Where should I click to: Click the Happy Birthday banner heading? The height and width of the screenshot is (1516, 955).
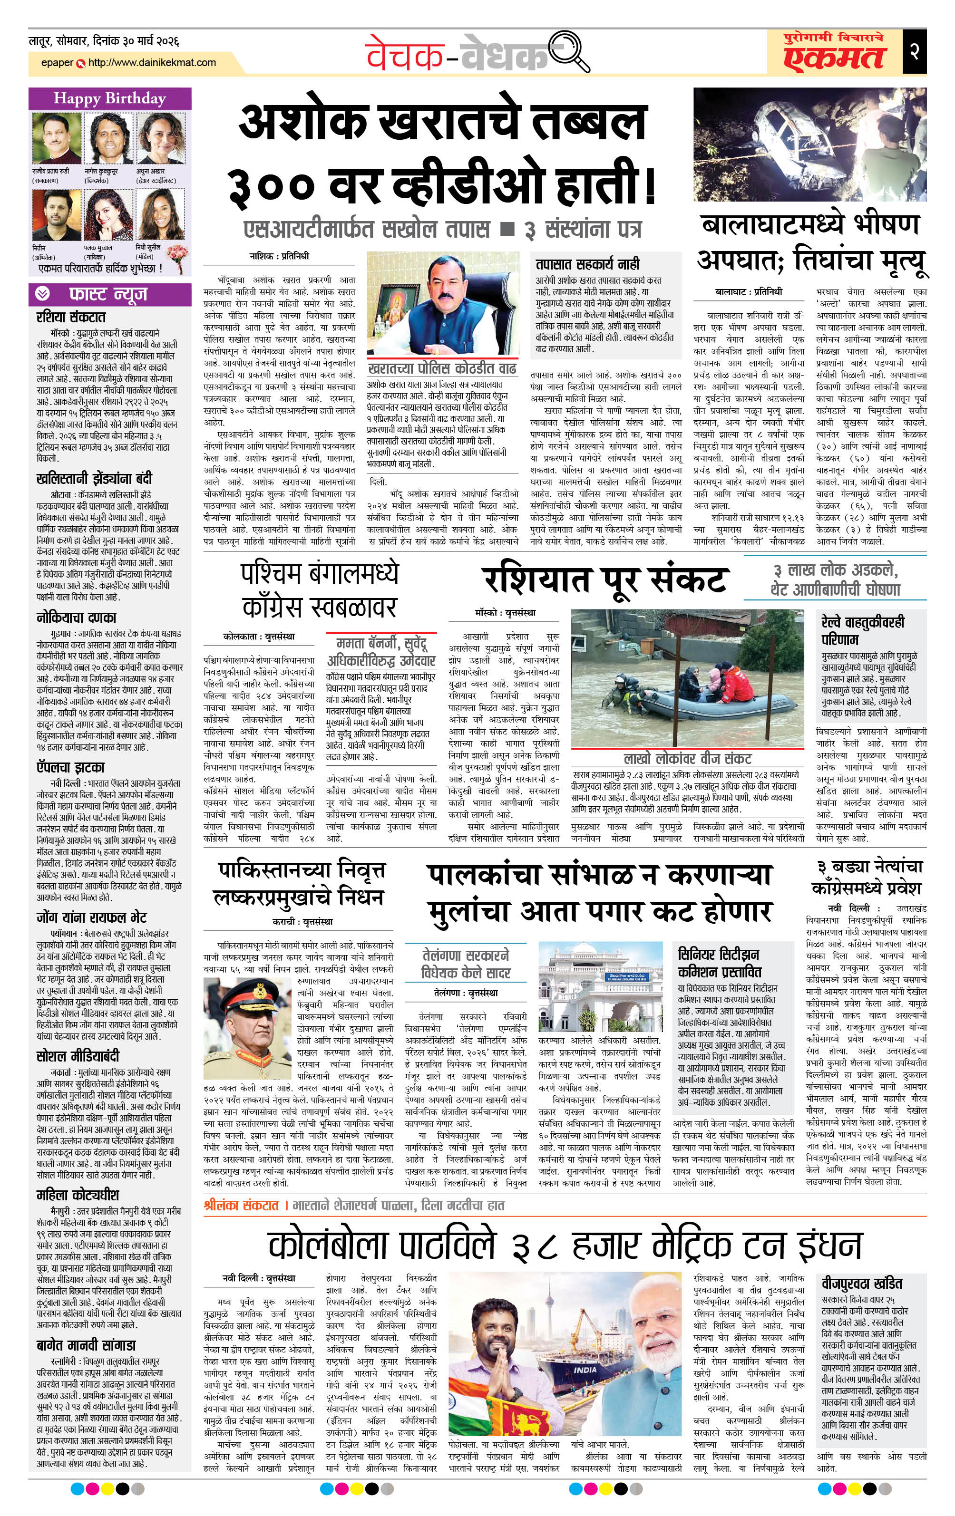click(109, 98)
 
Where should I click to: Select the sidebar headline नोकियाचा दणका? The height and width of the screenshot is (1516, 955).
click(76, 617)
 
